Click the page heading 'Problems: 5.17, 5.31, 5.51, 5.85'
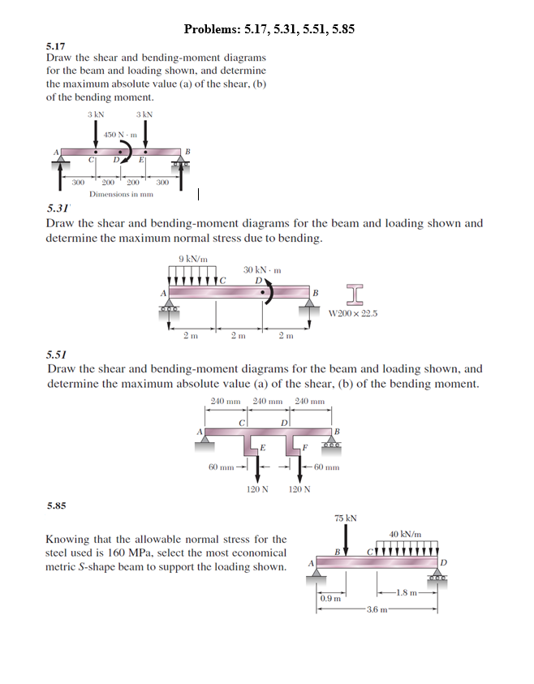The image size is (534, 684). coord(269,29)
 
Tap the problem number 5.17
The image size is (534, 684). coord(55,47)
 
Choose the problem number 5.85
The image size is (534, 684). coord(57,505)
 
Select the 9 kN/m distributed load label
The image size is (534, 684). coord(192,259)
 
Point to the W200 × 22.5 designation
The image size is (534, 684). coord(354,313)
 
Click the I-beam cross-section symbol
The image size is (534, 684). coord(354,293)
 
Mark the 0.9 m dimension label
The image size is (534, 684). coord(330,599)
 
